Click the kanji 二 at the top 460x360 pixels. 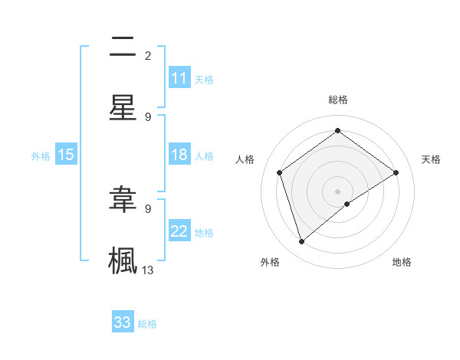[x=123, y=49]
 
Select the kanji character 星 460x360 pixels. [x=123, y=107]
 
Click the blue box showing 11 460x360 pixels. [x=179, y=78]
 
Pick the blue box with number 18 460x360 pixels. [x=179, y=155]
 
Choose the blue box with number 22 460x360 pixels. [x=179, y=231]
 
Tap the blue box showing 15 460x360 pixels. [x=66, y=155]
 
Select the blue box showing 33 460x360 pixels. [x=123, y=322]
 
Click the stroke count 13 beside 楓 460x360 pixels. [x=148, y=270]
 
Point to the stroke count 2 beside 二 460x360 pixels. [x=148, y=55]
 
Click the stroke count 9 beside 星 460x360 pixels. [x=148, y=116]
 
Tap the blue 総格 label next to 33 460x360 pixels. [x=147, y=324]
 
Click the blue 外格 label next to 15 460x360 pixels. [x=41, y=156]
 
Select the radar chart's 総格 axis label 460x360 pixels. [x=338, y=100]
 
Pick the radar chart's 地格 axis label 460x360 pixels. [x=402, y=262]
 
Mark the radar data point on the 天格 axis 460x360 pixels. [x=396, y=172]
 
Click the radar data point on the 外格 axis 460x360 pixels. [x=301, y=242]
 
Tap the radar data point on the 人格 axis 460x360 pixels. [x=280, y=172]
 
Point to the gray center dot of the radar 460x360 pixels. [x=338, y=191]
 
